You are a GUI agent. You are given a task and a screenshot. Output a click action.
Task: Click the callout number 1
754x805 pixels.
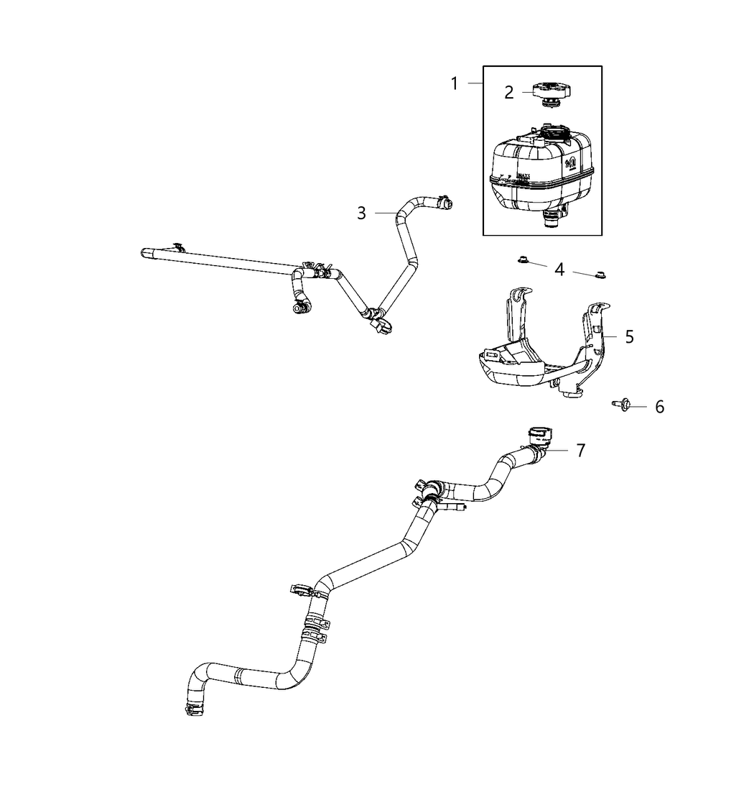pyautogui.click(x=454, y=83)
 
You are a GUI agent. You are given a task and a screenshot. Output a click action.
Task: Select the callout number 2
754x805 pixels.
pyautogui.click(x=508, y=92)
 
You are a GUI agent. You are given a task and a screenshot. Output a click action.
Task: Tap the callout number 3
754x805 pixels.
pyautogui.click(x=362, y=213)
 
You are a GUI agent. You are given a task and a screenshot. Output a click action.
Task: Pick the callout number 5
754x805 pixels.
pyautogui.click(x=629, y=336)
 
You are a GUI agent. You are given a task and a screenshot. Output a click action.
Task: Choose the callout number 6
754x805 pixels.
pyautogui.click(x=659, y=407)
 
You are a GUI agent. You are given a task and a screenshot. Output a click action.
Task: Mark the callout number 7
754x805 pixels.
pyautogui.click(x=580, y=450)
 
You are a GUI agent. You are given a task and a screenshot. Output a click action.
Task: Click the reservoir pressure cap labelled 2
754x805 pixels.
pyautogui.click(x=549, y=94)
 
